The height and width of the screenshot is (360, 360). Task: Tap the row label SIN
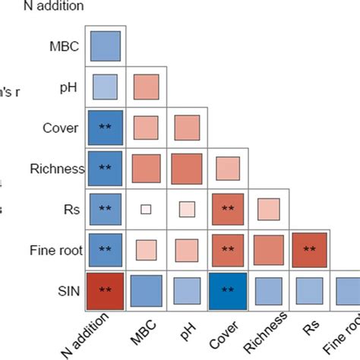[x=71, y=289]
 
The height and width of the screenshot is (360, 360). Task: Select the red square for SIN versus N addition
[x=105, y=289]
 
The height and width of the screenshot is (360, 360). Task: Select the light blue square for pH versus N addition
[x=105, y=86]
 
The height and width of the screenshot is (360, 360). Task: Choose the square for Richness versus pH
[x=187, y=168]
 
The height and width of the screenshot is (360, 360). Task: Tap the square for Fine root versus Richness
[x=268, y=249]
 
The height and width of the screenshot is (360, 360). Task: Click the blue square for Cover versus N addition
[x=105, y=127]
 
